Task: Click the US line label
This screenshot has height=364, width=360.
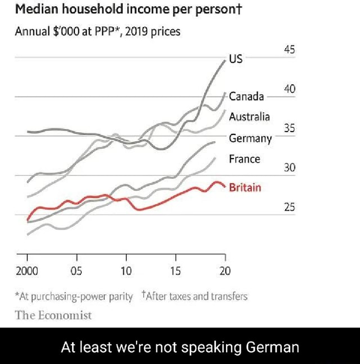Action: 236,59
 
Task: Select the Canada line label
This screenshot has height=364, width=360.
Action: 246,96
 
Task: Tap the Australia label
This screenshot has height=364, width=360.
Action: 249,117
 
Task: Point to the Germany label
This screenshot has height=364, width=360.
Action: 250,138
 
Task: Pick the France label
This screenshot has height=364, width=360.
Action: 244,159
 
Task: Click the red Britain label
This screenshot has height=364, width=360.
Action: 245,187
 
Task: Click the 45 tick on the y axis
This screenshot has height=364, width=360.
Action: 290,49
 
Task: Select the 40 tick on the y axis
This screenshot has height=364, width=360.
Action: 290,88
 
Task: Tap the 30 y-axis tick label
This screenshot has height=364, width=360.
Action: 290,168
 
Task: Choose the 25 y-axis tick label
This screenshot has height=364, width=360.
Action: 290,207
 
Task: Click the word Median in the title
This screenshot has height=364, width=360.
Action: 34,10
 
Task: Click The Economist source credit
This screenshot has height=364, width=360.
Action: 53,315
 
